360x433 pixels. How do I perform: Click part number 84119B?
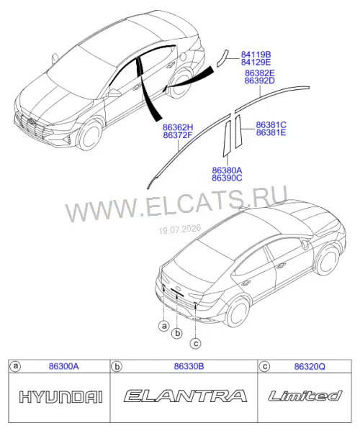tap(256, 55)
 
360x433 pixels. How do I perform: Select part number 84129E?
tap(256, 62)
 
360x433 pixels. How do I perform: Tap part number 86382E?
tap(260, 73)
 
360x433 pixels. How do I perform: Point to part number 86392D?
tap(260, 81)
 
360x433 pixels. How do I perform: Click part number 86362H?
tap(178, 127)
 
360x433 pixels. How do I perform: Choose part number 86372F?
tap(178, 135)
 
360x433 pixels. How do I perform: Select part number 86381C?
tap(271, 125)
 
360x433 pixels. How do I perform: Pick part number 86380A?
tap(227, 170)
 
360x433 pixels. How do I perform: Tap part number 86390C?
tap(227, 178)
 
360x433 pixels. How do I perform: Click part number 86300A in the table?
tap(64, 366)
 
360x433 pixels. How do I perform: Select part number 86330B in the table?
tap(189, 366)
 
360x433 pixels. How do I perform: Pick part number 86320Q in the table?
tap(310, 367)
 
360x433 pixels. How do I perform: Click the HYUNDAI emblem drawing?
tap(61, 397)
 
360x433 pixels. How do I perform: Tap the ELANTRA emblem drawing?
tap(185, 396)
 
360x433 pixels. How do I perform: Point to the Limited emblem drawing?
tap(305, 396)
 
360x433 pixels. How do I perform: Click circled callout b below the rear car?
tap(177, 333)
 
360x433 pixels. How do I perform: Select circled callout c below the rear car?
tap(196, 344)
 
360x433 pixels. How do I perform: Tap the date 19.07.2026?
tap(180, 229)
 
